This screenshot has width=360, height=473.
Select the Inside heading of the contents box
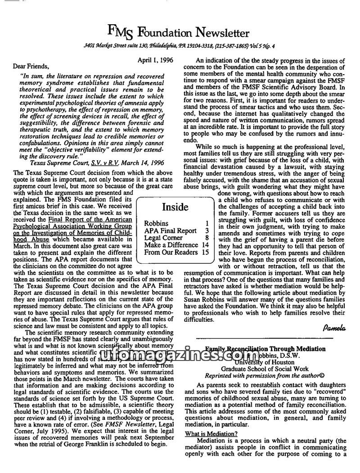point(175,207)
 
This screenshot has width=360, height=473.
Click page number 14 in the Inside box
point(205,245)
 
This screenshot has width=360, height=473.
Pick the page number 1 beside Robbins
point(206,223)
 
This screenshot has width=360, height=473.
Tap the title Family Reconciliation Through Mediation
point(265,349)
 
